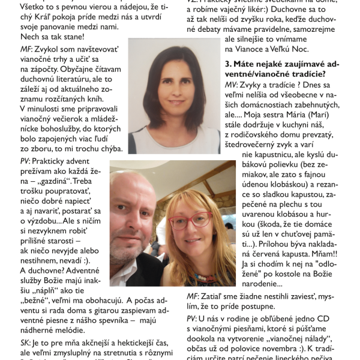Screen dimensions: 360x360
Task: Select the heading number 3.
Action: tap(227, 62)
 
